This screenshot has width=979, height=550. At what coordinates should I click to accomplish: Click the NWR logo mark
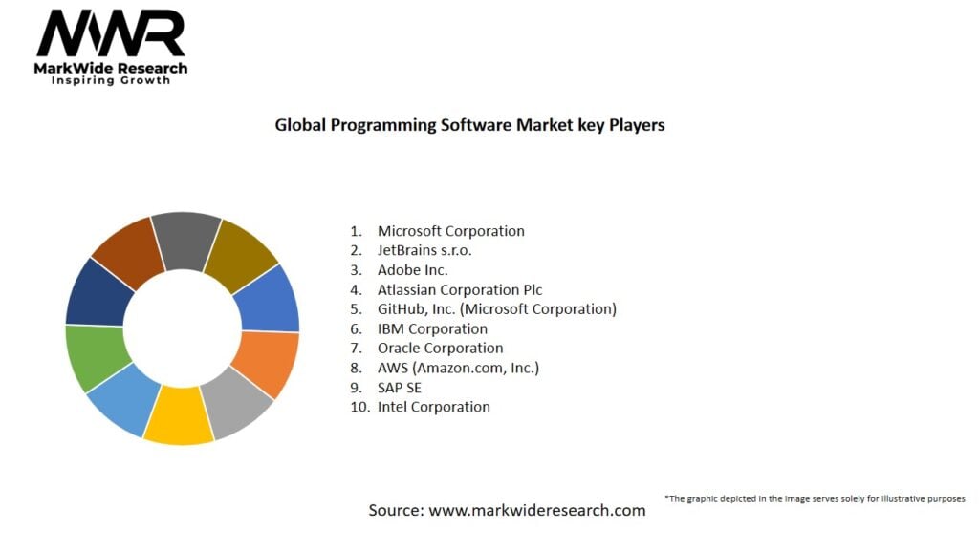click(x=111, y=34)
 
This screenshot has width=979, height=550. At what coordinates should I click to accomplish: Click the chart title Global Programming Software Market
click(x=469, y=125)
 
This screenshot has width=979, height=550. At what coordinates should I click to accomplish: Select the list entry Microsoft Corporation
click(x=450, y=231)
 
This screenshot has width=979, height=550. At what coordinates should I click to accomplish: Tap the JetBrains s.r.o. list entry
click(x=424, y=250)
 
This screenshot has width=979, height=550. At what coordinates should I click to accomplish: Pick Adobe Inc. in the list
click(x=412, y=270)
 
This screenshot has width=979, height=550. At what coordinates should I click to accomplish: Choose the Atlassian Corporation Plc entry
click(x=460, y=289)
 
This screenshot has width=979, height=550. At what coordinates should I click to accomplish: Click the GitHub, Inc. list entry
click(x=496, y=308)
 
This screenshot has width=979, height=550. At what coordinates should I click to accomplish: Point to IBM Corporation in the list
click(x=432, y=328)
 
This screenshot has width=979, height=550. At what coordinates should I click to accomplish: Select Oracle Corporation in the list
click(x=440, y=348)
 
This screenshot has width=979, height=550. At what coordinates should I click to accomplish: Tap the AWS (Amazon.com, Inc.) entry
click(x=458, y=368)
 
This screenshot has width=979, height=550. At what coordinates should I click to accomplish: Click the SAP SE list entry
click(x=399, y=388)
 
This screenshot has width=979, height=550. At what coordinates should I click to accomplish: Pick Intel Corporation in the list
click(x=433, y=407)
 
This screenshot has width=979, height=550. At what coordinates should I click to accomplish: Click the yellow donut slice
click(x=179, y=417)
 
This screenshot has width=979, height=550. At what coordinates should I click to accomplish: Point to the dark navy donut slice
click(x=95, y=292)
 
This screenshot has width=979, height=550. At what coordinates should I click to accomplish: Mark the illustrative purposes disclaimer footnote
click(x=815, y=498)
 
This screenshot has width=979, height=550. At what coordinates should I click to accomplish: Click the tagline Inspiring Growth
click(x=111, y=81)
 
